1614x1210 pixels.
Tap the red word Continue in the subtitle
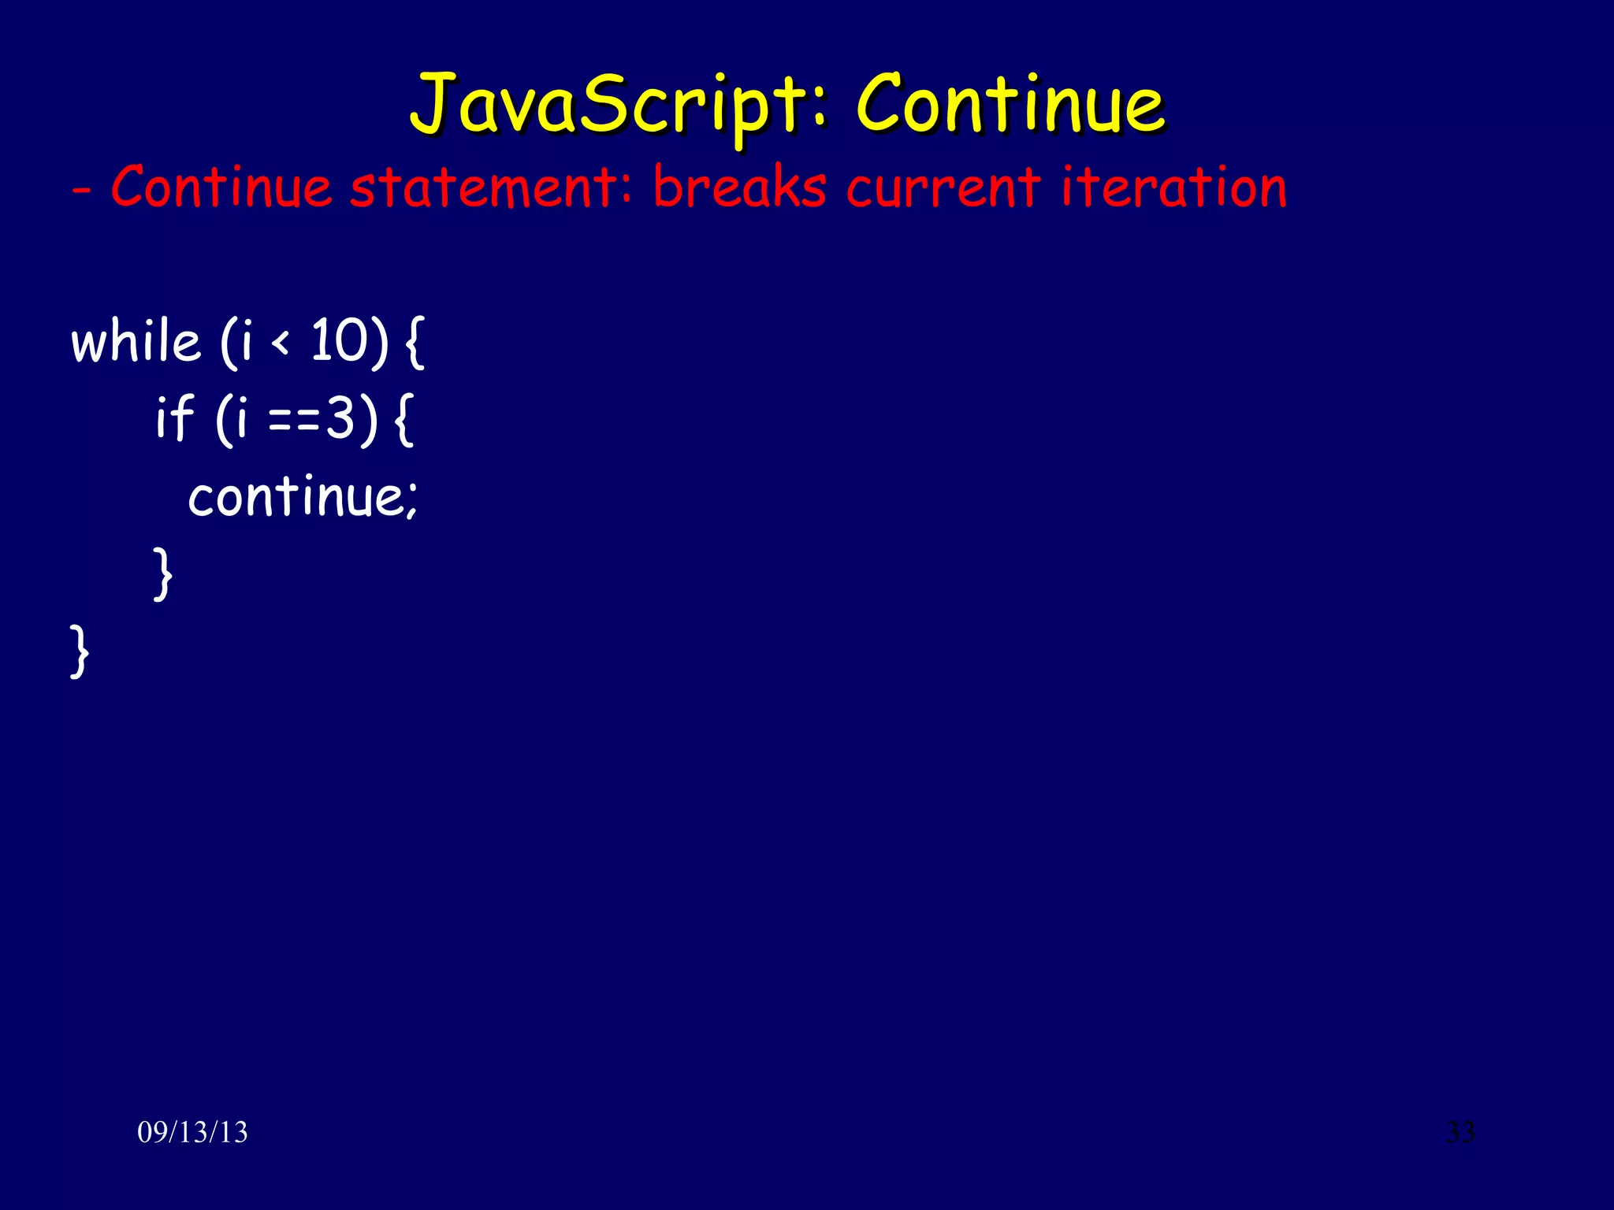[x=221, y=188]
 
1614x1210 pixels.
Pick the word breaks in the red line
[x=739, y=188]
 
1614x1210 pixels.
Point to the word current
[x=943, y=188]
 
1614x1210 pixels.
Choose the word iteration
[x=1173, y=188]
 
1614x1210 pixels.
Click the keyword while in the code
[x=136, y=342]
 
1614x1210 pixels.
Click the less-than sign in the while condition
[x=281, y=343]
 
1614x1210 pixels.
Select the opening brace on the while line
[x=415, y=342]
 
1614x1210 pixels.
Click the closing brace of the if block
[x=162, y=574]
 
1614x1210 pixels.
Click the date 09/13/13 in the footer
[x=192, y=1132]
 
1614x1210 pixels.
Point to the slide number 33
[x=1460, y=1132]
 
